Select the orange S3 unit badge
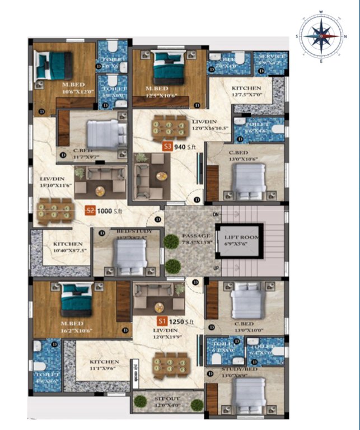coord(166,147)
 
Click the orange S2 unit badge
coord(90,211)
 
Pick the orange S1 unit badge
coord(162,321)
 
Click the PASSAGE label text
coord(196,236)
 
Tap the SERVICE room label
coord(271,57)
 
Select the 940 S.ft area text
coord(184,147)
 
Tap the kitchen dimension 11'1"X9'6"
coord(104,370)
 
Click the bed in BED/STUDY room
coord(129,257)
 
